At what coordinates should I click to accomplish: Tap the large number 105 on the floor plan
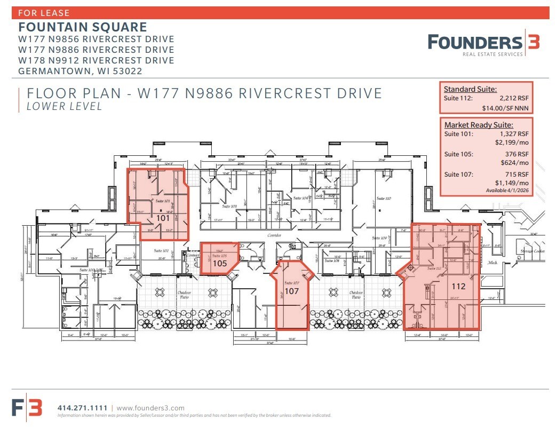pos(220,263)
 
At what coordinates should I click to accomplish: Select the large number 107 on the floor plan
pos(291,292)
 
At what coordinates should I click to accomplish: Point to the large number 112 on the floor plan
pos(458,286)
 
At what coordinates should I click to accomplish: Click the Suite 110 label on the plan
pos(384,198)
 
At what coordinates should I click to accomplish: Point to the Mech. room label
pos(492,263)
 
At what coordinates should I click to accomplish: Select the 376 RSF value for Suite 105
pos(514,154)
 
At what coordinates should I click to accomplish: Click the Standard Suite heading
pos(470,89)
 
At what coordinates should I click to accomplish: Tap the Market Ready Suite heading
pos(479,124)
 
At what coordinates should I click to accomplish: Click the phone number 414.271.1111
pos(82,408)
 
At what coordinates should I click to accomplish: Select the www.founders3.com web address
pos(150,408)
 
